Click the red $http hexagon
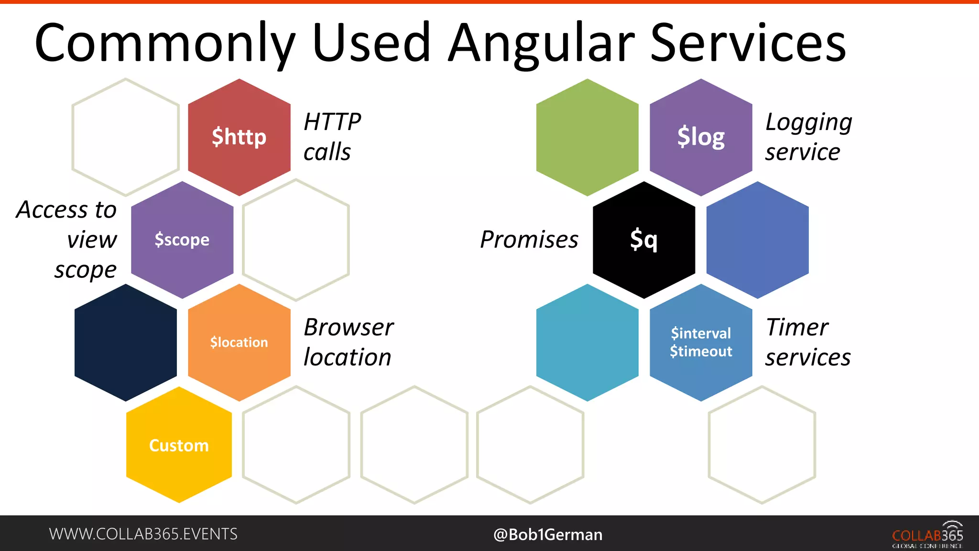pyautogui.click(x=239, y=137)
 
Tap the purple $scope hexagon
pyautogui.click(x=182, y=240)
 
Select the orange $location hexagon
pyautogui.click(x=239, y=342)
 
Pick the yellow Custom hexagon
pyautogui.click(x=179, y=445)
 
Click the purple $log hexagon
pyautogui.click(x=701, y=137)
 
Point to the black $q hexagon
pyautogui.click(x=644, y=240)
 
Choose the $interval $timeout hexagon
pyautogui.click(x=701, y=342)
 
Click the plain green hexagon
pyautogui.click(x=587, y=137)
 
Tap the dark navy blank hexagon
pyautogui.click(x=126, y=342)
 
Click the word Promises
pyautogui.click(x=529, y=240)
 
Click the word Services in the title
pyautogui.click(x=748, y=44)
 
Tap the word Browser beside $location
pyautogui.click(x=348, y=328)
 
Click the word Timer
pyautogui.click(x=797, y=328)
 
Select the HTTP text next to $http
pyautogui.click(x=332, y=122)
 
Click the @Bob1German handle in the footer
pyautogui.click(x=548, y=534)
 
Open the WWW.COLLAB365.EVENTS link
pyautogui.click(x=143, y=534)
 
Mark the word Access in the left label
pyautogui.click(x=53, y=210)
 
